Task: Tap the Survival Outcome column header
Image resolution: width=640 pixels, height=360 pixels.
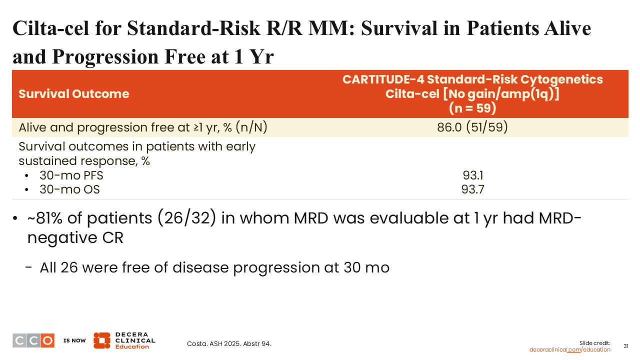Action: [74, 93]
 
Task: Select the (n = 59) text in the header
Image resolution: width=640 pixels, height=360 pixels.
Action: [472, 108]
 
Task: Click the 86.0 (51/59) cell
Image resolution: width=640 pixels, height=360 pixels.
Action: [472, 127]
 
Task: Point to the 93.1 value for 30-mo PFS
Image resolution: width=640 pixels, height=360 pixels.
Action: [473, 175]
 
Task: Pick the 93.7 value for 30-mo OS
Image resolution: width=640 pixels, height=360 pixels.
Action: [473, 189]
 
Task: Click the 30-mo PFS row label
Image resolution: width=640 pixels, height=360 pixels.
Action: [71, 175]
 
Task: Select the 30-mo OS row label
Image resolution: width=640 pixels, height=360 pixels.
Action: [69, 189]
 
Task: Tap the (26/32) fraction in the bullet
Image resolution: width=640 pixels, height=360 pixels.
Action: [186, 218]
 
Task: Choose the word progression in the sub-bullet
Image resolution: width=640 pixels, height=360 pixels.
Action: [276, 268]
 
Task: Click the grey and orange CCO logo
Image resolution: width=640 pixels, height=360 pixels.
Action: [33, 340]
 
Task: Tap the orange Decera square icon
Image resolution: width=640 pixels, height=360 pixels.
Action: [101, 340]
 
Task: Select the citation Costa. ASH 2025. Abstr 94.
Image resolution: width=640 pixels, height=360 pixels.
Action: [229, 343]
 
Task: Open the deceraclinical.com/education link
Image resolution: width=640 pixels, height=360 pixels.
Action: [569, 349]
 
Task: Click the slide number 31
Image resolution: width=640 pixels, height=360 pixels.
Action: [625, 346]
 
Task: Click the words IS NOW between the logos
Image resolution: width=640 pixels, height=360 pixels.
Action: [74, 340]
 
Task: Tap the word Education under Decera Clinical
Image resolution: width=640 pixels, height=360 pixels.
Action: [132, 346]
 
